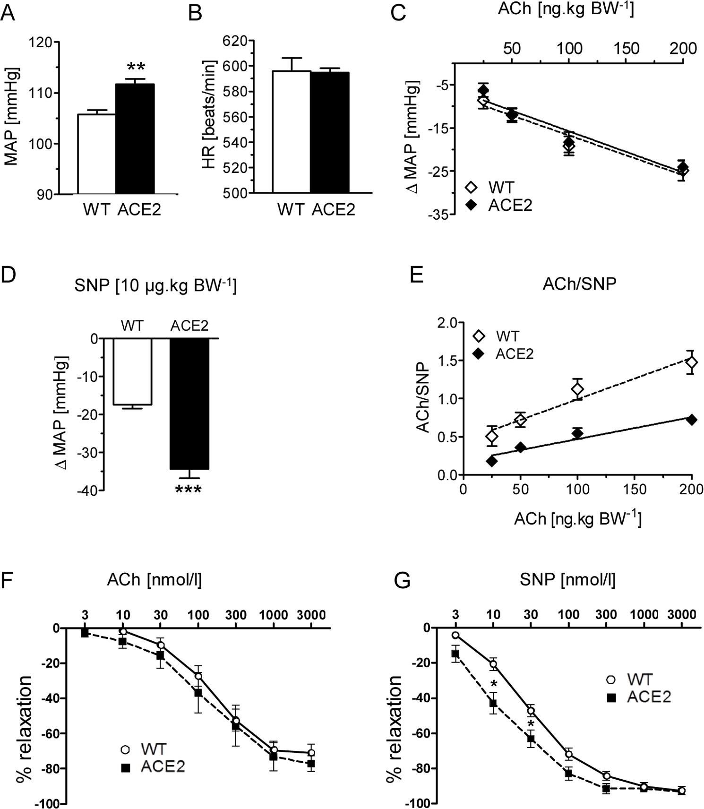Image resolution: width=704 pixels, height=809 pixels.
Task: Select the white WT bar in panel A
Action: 96,154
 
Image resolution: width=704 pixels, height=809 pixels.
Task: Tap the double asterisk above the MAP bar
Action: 136,68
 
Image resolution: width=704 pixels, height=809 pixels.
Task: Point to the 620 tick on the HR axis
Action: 236,41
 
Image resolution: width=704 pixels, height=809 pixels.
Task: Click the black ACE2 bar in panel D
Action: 189,404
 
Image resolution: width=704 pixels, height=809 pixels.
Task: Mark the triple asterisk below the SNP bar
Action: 189,490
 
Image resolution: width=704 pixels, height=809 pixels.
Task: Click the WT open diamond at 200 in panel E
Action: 692,363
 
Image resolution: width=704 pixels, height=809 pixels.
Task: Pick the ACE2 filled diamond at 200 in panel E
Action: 692,420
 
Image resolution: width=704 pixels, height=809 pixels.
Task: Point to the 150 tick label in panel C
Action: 627,49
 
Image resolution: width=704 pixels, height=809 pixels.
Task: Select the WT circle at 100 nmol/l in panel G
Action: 569,754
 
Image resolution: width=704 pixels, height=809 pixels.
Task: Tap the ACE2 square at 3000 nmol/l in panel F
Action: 311,764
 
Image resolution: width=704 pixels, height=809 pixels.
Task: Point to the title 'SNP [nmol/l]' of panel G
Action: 567,580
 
